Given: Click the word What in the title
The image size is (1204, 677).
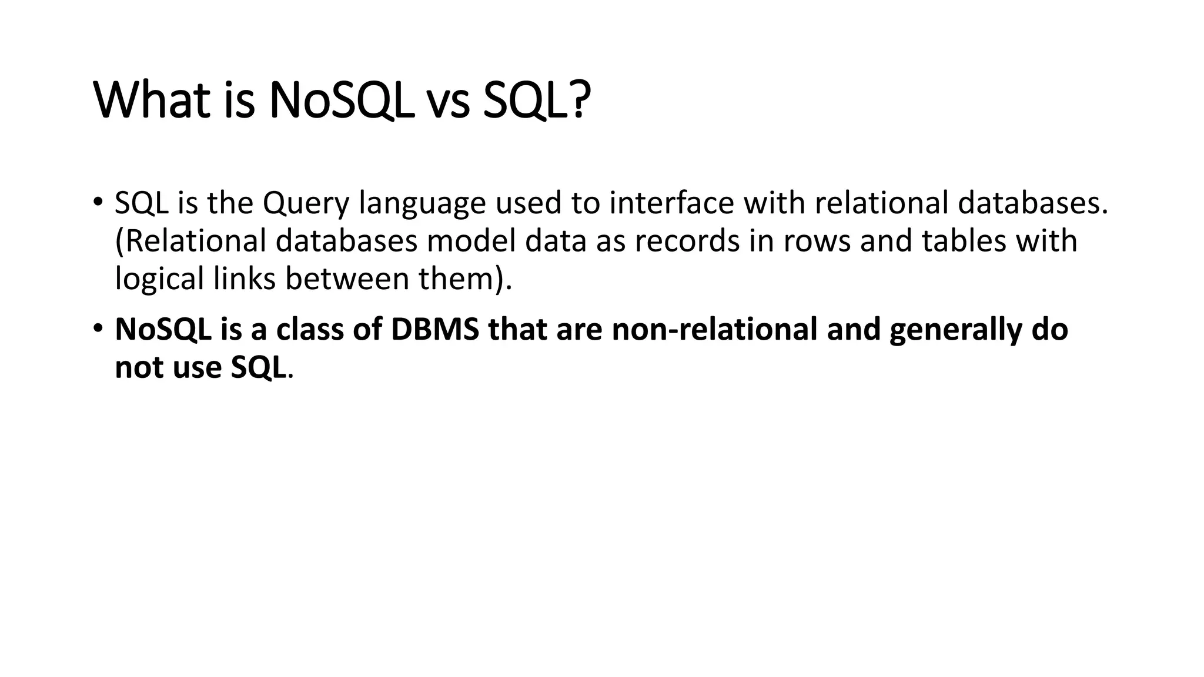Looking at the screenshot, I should click(152, 100).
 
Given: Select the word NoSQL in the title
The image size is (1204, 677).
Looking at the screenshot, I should click(340, 100).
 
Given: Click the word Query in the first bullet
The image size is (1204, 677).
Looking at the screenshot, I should click(306, 203).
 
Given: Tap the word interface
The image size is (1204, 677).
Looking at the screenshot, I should click(671, 203).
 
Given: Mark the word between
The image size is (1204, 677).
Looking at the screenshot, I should click(347, 279).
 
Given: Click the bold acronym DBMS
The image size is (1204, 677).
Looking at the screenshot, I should click(435, 330).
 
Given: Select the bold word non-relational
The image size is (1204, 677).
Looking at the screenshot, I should click(714, 330).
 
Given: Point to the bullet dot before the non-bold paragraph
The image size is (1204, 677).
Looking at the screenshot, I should click(98, 202).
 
